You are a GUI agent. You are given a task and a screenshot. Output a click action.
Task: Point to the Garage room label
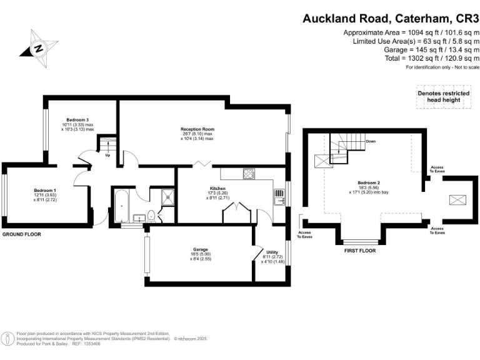(x=200, y=249)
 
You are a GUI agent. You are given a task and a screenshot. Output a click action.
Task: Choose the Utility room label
(x=272, y=252)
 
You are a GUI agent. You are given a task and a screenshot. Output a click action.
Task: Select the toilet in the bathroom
(x=151, y=216)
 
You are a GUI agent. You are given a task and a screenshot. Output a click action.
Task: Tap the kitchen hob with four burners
(x=249, y=174)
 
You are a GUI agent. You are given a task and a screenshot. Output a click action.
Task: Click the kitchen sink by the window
(x=278, y=197)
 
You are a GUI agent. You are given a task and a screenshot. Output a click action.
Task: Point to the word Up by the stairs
(x=107, y=155)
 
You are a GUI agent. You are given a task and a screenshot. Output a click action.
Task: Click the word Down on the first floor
(x=371, y=141)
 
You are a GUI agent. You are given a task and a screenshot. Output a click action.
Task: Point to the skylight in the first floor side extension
(x=455, y=200)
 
